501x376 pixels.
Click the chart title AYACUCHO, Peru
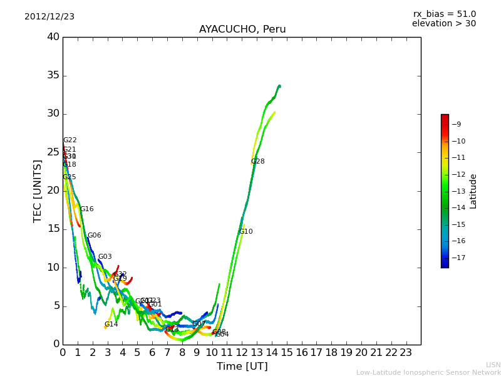click(242, 29)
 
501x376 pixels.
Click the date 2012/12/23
click(49, 17)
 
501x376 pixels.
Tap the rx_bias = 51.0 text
click(444, 14)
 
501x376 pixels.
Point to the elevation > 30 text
click(443, 24)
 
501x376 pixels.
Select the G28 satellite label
click(257, 162)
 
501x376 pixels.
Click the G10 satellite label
click(245, 232)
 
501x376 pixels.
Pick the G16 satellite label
click(86, 209)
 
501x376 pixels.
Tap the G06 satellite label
click(94, 236)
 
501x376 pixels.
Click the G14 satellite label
click(111, 325)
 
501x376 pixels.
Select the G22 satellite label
click(70, 140)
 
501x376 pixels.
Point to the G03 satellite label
click(105, 257)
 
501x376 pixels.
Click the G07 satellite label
click(199, 324)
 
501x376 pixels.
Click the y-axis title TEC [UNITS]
click(38, 191)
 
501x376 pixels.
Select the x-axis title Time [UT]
click(242, 367)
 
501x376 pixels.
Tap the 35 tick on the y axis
click(53, 75)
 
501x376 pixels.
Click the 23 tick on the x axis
click(406, 353)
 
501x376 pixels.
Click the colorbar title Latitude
click(473, 191)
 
